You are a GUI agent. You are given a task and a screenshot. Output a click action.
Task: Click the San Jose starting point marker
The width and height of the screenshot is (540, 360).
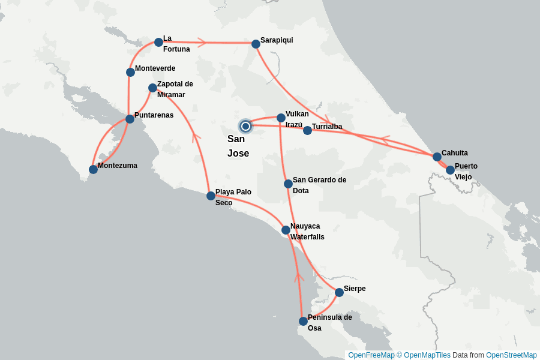pyautogui.click(x=245, y=126)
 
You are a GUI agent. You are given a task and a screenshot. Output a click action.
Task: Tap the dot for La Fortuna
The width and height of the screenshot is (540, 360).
pyautogui.click(x=158, y=42)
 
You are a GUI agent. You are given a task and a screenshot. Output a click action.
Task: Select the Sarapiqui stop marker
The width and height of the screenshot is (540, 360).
pyautogui.click(x=256, y=44)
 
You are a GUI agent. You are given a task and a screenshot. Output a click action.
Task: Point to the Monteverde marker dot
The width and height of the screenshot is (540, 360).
pyautogui.click(x=130, y=72)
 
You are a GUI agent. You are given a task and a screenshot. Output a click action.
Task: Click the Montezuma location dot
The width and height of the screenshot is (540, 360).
pyautogui.click(x=93, y=169)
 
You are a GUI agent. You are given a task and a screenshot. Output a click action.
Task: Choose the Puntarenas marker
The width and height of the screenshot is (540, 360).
pyautogui.click(x=130, y=119)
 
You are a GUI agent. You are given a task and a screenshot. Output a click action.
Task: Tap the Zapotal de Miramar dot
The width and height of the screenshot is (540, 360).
pyautogui.click(x=152, y=88)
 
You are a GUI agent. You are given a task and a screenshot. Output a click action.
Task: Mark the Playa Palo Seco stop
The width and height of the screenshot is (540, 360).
pyautogui.click(x=211, y=196)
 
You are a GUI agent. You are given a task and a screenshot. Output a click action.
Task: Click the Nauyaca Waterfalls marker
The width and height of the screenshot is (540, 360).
pyautogui.click(x=286, y=230)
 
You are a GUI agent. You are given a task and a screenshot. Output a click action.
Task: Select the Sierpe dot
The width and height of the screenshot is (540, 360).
pyautogui.click(x=339, y=292)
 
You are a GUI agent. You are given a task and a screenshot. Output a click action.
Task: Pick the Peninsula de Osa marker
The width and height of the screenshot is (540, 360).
pyautogui.click(x=303, y=321)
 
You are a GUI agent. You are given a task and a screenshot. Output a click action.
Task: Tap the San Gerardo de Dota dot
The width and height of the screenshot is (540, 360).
pyautogui.click(x=288, y=184)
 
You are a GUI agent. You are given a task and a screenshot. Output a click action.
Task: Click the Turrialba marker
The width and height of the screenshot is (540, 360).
pyautogui.click(x=307, y=130)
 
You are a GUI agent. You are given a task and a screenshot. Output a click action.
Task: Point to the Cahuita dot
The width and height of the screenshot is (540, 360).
pyautogui.click(x=437, y=157)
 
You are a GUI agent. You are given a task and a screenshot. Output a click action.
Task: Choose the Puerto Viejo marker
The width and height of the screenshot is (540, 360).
pyautogui.click(x=450, y=170)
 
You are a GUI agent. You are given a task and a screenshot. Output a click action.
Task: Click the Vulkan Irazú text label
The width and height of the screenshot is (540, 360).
pyautogui.click(x=297, y=119)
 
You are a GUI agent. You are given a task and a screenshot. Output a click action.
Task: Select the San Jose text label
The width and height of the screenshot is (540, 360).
pyautogui.click(x=238, y=146)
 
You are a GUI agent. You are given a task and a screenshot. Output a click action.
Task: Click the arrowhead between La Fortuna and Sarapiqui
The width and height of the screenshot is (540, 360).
pyautogui.click(x=202, y=43)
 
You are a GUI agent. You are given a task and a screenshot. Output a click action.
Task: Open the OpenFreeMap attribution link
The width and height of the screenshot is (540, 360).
pyautogui.click(x=371, y=355)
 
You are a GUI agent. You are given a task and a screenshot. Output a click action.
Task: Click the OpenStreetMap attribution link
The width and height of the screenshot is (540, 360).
pyautogui.click(x=511, y=355)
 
